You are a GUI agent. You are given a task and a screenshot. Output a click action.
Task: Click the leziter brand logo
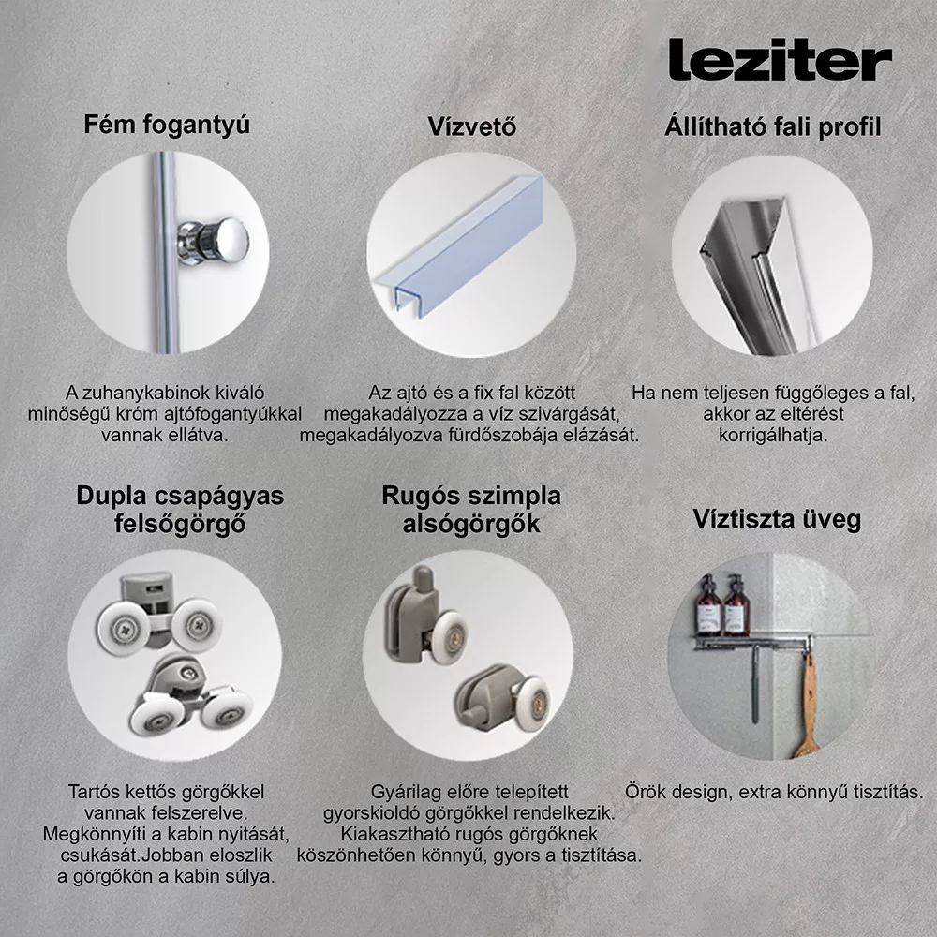click(x=780, y=60)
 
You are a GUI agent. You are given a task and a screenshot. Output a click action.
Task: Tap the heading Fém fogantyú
click(x=167, y=126)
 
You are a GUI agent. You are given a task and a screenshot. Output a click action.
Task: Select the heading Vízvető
click(x=471, y=126)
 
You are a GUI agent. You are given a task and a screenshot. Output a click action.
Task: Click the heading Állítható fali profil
click(x=773, y=126)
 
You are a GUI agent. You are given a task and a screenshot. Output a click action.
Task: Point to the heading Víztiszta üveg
click(x=777, y=519)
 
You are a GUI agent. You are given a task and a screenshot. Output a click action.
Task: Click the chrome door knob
click(x=214, y=240)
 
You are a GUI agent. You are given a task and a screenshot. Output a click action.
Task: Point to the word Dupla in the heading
click(x=112, y=497)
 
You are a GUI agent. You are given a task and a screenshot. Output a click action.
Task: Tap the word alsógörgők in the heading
click(x=471, y=524)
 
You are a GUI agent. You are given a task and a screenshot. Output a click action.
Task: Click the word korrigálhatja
click(x=773, y=436)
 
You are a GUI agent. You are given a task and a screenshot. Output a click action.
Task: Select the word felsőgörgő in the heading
click(x=180, y=524)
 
